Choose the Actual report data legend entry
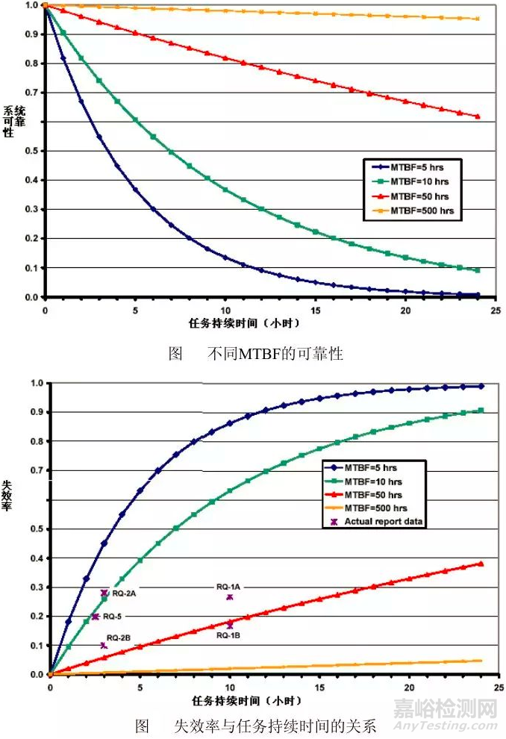tap(384, 521)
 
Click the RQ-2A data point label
tap(124, 593)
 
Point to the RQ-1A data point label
tap(228, 587)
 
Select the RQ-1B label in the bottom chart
tap(228, 635)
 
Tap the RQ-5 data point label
tap(113, 617)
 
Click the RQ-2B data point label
tap(119, 637)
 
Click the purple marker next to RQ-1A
tap(230, 597)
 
